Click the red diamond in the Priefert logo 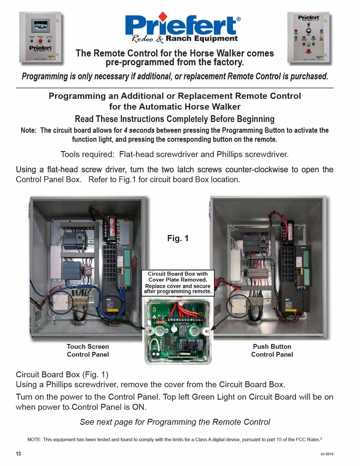pyautogui.click(x=163, y=16)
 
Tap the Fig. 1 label pyautogui.click(x=178, y=238)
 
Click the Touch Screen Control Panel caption pyautogui.click(x=88, y=350)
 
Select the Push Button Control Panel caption pyautogui.click(x=272, y=350)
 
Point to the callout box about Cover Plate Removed pyautogui.click(x=178, y=283)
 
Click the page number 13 pyautogui.click(x=18, y=454)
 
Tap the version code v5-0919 pyautogui.click(x=327, y=454)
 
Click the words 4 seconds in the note pyautogui.click(x=139, y=130)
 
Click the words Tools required pyautogui.click(x=87, y=154)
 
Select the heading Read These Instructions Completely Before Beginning pyautogui.click(x=174, y=119)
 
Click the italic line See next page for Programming pyautogui.click(x=175, y=422)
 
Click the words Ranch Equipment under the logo pyautogui.click(x=202, y=39)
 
